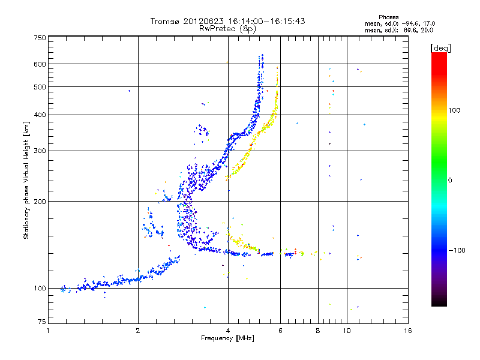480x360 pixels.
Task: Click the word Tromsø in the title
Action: (x=166, y=21)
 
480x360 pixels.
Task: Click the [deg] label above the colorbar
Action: (x=441, y=47)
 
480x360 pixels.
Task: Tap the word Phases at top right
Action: (x=389, y=17)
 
